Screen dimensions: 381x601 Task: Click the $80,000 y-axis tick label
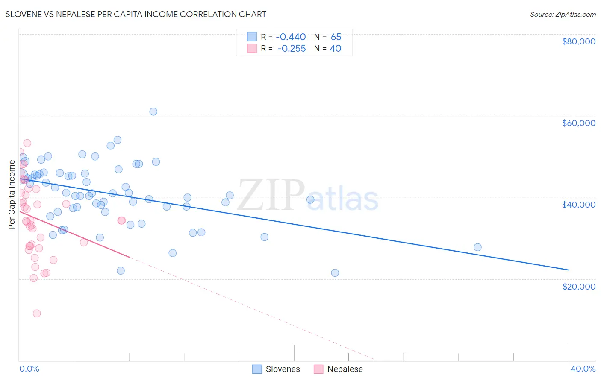tap(578, 41)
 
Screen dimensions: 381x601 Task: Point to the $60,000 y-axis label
tap(578, 123)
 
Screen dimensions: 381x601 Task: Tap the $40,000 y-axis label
tap(578, 205)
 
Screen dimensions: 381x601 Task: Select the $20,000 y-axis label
tap(578, 286)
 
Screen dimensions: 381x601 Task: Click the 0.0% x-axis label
tap(29, 369)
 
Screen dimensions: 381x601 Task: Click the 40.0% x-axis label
tap(583, 369)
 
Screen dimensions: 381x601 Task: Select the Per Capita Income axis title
tap(12, 194)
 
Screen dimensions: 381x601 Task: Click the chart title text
tap(136, 15)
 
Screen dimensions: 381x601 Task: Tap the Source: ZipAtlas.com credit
tap(563, 15)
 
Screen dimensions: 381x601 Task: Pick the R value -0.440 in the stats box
tap(291, 37)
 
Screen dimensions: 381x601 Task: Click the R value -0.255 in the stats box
tap(292, 49)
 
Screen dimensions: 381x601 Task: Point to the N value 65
tap(336, 37)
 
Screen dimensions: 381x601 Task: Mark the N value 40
tap(336, 49)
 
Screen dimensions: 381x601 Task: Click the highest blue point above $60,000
tap(153, 111)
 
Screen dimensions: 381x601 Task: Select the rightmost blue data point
tap(477, 247)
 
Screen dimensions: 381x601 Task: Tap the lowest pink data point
tap(37, 314)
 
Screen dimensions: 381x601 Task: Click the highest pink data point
tap(27, 143)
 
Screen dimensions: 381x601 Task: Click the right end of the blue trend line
tap(569, 270)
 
